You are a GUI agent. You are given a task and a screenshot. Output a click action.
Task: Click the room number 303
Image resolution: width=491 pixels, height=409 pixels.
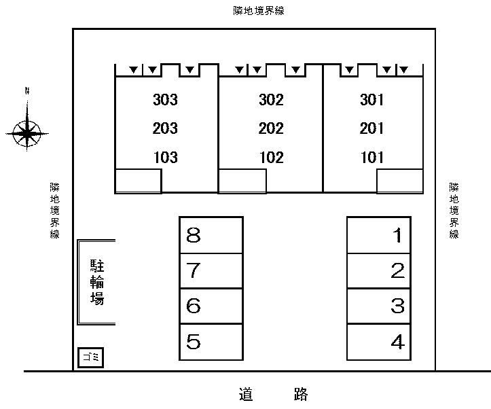click(x=165, y=100)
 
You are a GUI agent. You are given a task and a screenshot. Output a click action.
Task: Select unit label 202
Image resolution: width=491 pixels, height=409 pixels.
click(x=271, y=128)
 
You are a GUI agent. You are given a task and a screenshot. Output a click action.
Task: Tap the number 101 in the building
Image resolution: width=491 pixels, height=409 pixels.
click(x=371, y=157)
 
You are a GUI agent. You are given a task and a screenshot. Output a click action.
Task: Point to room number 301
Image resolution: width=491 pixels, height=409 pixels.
click(x=371, y=100)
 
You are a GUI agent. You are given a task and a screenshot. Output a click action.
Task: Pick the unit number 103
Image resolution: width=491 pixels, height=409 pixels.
click(x=166, y=157)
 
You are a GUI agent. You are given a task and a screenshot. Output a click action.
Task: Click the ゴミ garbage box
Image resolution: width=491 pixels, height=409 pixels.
click(x=90, y=357)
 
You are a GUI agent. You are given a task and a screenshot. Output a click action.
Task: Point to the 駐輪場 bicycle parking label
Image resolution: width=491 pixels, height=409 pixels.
click(x=97, y=282)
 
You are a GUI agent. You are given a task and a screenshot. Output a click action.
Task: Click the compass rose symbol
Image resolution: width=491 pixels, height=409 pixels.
click(x=27, y=133)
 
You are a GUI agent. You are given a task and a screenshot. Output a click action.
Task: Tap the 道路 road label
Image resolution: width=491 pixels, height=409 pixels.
click(x=274, y=394)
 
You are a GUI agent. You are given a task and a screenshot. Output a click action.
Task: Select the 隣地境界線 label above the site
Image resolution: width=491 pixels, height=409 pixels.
click(x=259, y=11)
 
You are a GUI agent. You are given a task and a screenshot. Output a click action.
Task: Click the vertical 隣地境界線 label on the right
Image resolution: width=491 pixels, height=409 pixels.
click(x=454, y=211)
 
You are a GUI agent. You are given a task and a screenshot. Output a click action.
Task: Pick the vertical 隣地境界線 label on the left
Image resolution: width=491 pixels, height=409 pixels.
click(x=55, y=211)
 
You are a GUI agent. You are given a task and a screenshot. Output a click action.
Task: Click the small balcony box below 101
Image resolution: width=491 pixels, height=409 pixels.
click(x=399, y=181)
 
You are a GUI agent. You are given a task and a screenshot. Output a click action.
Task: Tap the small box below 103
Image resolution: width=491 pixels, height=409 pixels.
click(x=138, y=181)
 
